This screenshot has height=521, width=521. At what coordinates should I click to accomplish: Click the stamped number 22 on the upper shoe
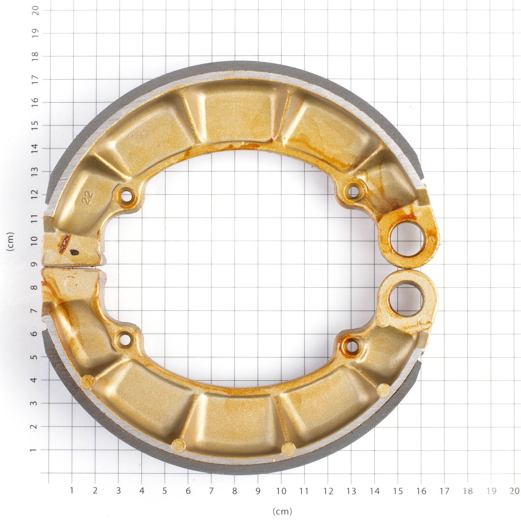tap(89, 197)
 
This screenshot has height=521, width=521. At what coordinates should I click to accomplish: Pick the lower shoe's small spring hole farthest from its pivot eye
tap(125, 339)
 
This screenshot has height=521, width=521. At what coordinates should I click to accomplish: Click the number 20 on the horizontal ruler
tap(514, 491)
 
